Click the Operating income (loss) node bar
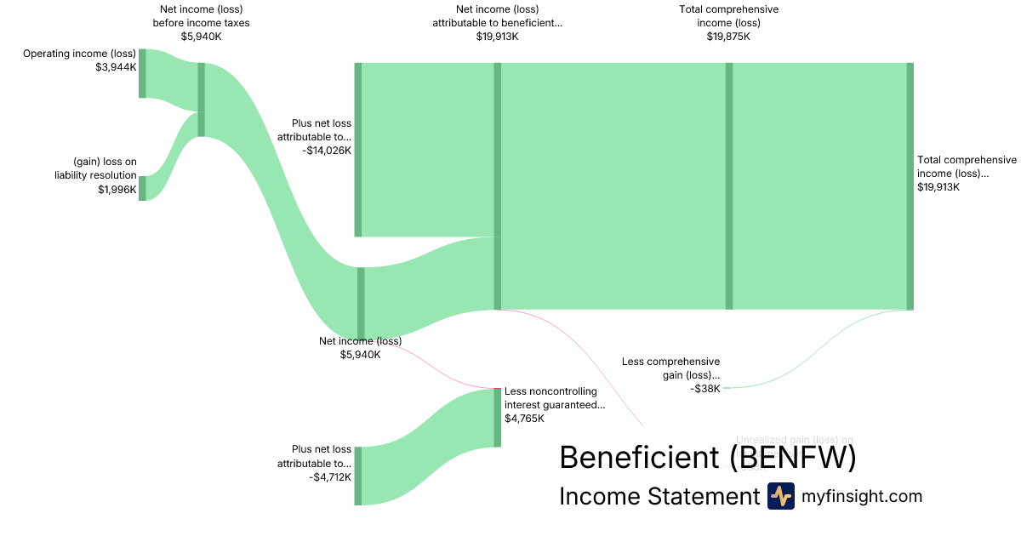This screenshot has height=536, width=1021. click(x=142, y=73)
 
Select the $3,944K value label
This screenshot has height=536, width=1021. click(x=116, y=66)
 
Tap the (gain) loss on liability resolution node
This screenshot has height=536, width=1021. click(x=142, y=188)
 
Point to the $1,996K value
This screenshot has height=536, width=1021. click(x=117, y=190)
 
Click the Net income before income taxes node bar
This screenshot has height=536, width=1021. click(x=202, y=100)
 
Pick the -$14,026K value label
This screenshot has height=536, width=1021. click(x=326, y=151)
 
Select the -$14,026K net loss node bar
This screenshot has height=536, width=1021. click(x=358, y=149)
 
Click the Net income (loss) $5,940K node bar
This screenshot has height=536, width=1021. click(x=361, y=303)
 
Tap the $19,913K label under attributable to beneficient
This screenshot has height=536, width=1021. click(x=497, y=37)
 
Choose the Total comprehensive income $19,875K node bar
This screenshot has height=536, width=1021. click(x=729, y=185)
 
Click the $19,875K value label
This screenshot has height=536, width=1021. click(x=728, y=37)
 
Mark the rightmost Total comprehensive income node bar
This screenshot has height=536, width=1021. click(x=910, y=185)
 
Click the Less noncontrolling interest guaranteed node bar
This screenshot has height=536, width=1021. click(x=498, y=417)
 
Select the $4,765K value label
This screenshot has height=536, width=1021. click(x=524, y=419)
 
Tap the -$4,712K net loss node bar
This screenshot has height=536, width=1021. click(x=358, y=476)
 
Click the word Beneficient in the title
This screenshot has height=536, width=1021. click(x=638, y=458)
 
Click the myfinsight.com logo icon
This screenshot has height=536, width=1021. click(x=780, y=496)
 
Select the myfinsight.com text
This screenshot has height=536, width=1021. click(x=862, y=496)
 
